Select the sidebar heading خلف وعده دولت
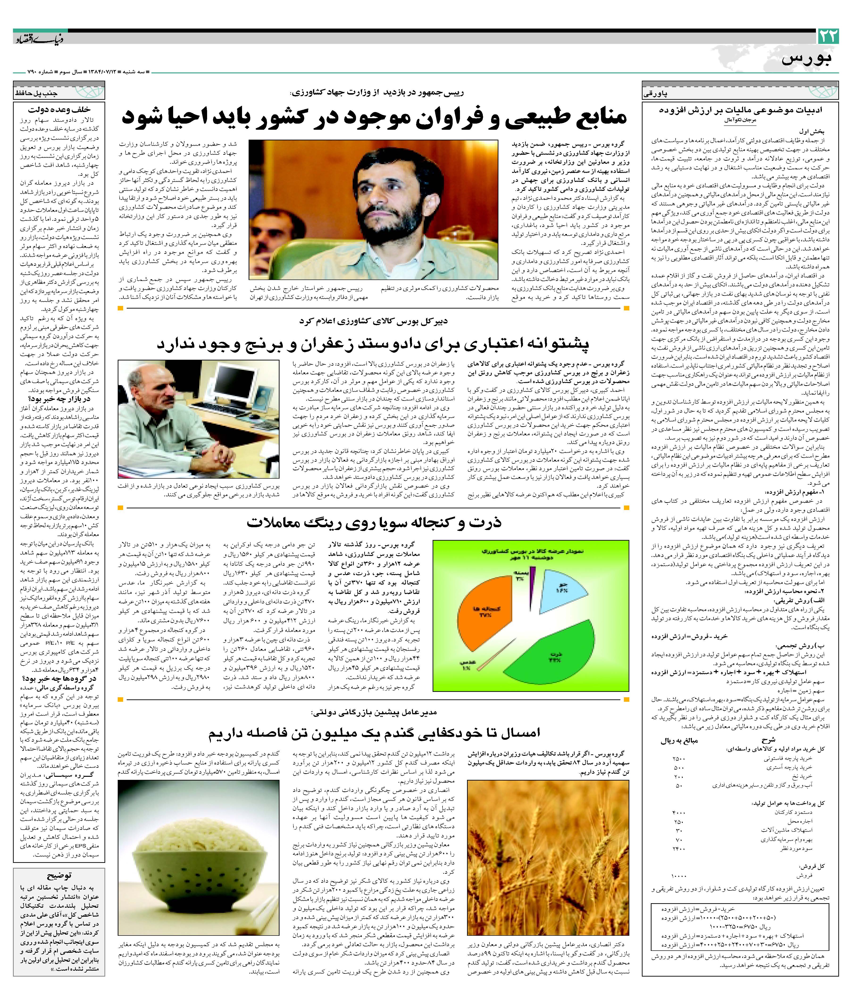tap(59, 110)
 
